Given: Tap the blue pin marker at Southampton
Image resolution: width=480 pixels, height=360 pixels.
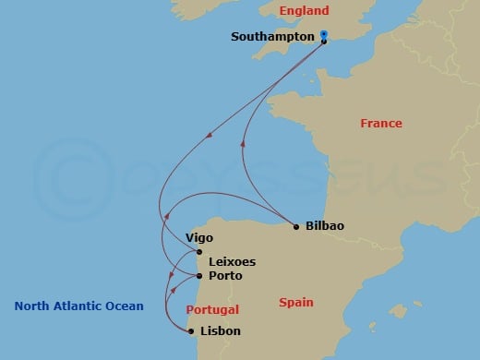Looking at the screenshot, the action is pyautogui.click(x=324, y=35).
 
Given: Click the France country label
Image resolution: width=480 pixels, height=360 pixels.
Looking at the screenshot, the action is pyautogui.click(x=381, y=123).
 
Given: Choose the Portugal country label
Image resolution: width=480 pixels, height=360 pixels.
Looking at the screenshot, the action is pyautogui.click(x=212, y=309).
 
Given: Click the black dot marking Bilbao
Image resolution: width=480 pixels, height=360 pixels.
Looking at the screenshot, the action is pyautogui.click(x=295, y=227).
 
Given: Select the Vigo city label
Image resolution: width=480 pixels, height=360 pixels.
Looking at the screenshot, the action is pyautogui.click(x=199, y=237).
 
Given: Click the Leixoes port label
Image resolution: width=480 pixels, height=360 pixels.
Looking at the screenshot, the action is pyautogui.click(x=233, y=261).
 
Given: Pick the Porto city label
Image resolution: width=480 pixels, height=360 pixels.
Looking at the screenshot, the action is pyautogui.click(x=226, y=276).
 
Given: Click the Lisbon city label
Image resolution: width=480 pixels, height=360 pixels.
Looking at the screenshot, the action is pyautogui.click(x=221, y=330).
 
